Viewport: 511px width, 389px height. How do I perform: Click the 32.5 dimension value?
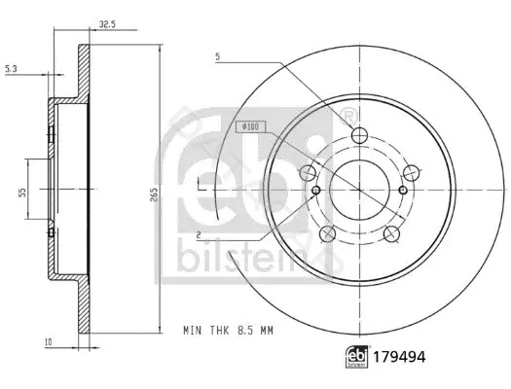coord(107,24)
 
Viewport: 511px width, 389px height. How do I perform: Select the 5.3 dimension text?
coord(11,69)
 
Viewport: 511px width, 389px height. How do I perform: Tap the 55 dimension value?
coord(22,193)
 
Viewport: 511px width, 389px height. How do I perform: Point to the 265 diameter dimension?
coord(154,194)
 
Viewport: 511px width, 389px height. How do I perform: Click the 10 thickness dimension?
coord(49,342)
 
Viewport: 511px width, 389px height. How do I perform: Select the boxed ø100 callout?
coord(250,126)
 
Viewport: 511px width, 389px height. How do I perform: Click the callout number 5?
coord(218,56)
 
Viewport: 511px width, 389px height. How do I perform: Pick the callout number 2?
coord(199,234)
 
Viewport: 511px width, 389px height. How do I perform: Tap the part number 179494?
coord(399,357)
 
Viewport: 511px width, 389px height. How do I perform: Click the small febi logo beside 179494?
coord(356,357)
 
